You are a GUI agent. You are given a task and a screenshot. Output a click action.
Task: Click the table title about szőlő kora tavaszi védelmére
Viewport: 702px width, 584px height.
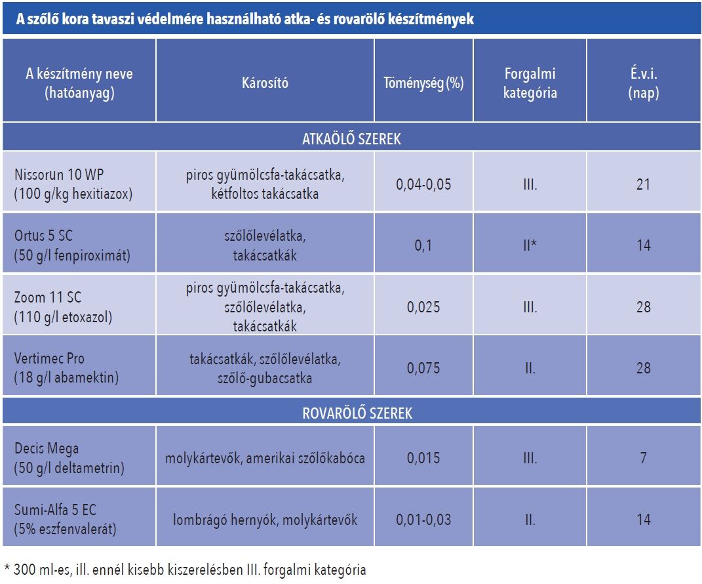coord(239,20)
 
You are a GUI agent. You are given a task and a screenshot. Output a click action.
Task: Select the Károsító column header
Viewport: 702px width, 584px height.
coord(264,83)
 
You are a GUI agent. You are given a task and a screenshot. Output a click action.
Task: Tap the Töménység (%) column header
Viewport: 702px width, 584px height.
coord(423,83)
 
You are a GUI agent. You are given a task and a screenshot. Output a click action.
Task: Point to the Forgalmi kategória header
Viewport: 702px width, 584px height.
coord(530,83)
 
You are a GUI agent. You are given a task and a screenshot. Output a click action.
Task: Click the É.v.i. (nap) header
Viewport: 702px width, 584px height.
coord(643,83)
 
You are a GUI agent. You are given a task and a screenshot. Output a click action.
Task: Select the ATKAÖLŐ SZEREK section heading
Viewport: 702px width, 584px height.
coord(351,139)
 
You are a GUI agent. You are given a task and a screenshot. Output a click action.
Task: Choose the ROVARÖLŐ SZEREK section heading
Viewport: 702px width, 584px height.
coord(351,413)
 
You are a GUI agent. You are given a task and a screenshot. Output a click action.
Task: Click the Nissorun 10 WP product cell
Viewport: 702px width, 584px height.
coord(74,184)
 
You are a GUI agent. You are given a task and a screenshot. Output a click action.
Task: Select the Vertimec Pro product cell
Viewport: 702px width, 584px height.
coord(65,368)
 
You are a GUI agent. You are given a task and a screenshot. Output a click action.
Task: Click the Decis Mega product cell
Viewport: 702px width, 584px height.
coord(69,458)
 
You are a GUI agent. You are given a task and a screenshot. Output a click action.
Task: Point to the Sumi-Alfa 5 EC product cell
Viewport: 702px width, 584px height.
coord(66,520)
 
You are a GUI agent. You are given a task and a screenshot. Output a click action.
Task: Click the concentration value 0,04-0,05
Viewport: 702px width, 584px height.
coord(423,184)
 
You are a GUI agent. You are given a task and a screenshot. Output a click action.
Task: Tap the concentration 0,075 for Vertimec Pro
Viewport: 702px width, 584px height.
coord(423,368)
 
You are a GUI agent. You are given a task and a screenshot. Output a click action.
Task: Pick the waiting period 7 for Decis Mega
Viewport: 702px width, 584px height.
coord(643,458)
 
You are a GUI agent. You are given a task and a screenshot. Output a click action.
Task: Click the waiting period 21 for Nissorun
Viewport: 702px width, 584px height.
coord(643,184)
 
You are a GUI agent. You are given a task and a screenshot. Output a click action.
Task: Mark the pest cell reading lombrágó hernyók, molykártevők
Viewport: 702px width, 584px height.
coord(265,520)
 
